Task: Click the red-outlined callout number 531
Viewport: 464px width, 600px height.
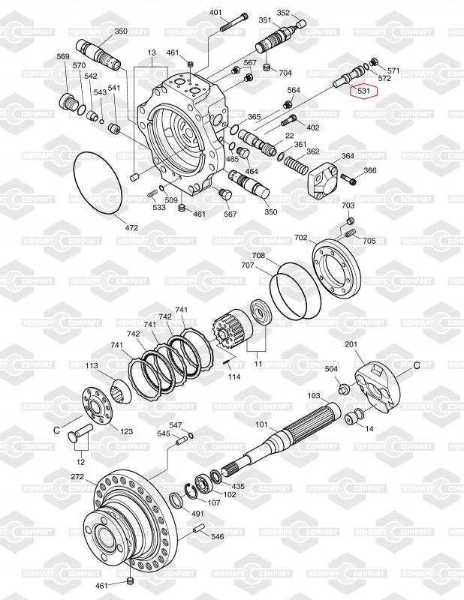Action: point(365,91)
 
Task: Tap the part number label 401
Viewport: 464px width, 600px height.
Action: point(216,13)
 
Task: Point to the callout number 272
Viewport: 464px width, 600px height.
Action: point(77,477)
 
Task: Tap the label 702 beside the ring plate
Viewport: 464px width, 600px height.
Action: point(300,238)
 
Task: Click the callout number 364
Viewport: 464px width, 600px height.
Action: point(348,156)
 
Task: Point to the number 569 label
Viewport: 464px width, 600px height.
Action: point(63,57)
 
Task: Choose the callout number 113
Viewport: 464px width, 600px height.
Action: point(92,365)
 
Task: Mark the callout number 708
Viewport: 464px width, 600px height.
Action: point(258,256)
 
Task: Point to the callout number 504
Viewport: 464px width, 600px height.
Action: point(331,369)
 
